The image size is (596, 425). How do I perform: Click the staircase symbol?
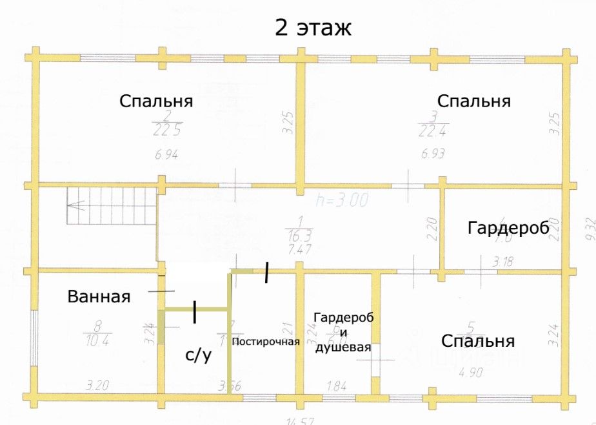[x=111, y=206]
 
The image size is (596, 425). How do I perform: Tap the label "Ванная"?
[x=99, y=297]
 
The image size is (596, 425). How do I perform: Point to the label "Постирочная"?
[x=266, y=342]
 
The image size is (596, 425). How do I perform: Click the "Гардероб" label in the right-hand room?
[x=508, y=227]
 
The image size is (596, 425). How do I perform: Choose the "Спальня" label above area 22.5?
[x=157, y=101]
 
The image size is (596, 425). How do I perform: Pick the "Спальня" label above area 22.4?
[x=473, y=101]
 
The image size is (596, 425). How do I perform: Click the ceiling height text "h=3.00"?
[x=342, y=200]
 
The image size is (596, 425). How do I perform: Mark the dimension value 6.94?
[x=166, y=154]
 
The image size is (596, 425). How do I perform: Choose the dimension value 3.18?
[x=505, y=262]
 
